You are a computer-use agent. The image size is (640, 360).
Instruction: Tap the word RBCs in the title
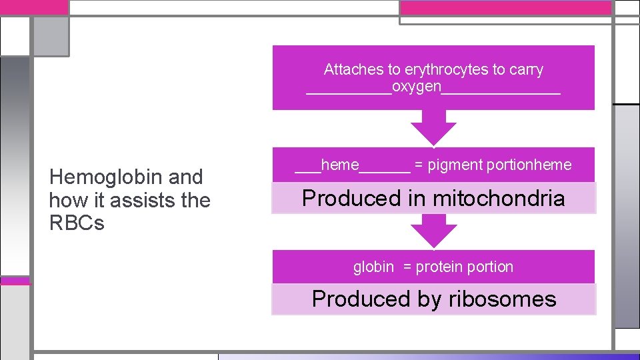tap(77, 223)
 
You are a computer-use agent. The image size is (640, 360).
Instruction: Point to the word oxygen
tap(417, 87)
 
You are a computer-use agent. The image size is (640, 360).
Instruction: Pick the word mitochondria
tap(505, 198)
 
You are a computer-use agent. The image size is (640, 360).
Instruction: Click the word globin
tap(373, 267)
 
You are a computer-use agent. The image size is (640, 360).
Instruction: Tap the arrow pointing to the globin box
tap(433, 233)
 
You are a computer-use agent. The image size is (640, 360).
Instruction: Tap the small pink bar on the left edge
tap(15, 281)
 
